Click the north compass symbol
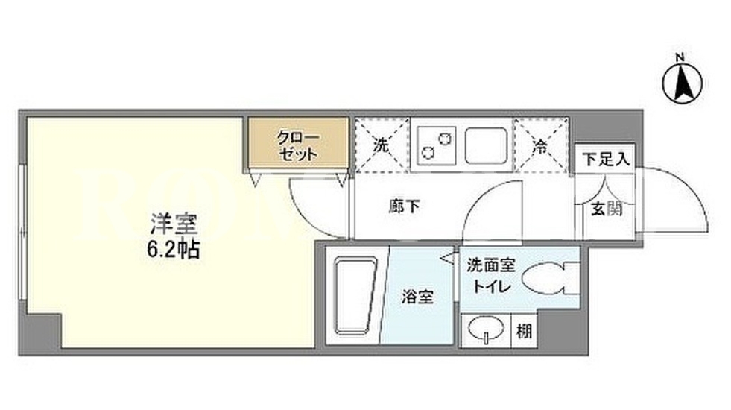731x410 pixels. coord(682,83)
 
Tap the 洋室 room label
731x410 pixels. coord(174,224)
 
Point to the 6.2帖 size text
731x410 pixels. coord(174,250)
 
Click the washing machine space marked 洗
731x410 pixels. coord(382,145)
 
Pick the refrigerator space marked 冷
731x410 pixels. coord(541,145)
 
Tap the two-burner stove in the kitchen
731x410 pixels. coord(437,145)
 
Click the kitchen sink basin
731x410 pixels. coord(486,145)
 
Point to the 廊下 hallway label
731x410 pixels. coord(404,206)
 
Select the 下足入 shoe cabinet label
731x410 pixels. coord(606,160)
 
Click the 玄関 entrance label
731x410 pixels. coord(607,209)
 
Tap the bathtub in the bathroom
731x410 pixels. coord(355,296)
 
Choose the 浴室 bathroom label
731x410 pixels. coord(418,297)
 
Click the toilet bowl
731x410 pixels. coord(550,279)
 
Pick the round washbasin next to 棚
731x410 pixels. coord(487,329)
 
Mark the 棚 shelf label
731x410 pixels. coord(524,332)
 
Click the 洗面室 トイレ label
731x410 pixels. coord(491,275)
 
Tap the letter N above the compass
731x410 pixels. coord(680,57)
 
